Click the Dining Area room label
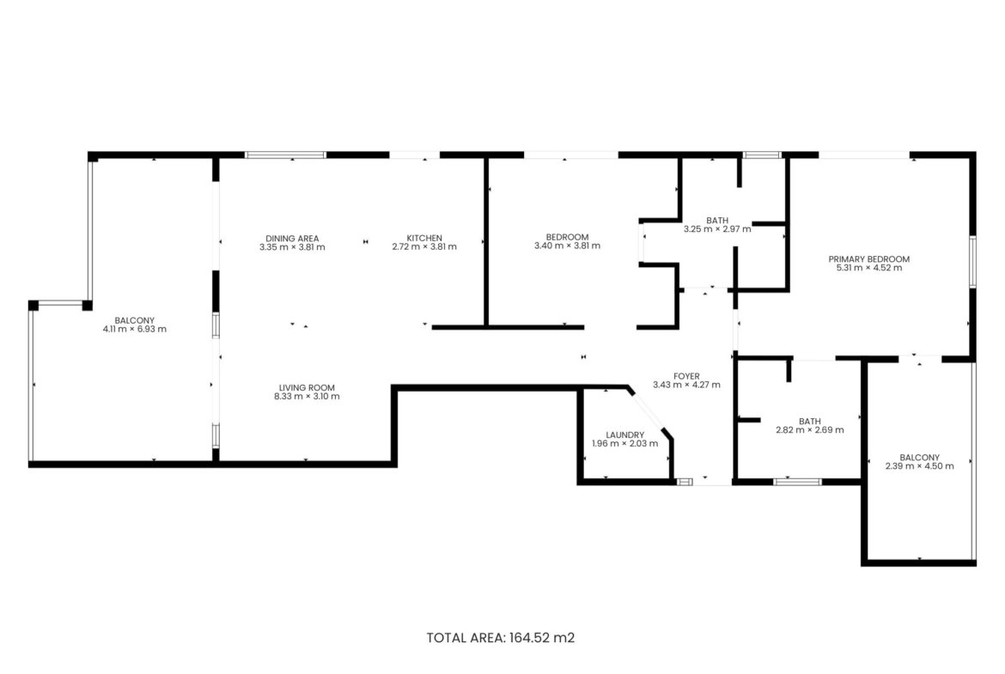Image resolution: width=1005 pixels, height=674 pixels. click(x=292, y=239)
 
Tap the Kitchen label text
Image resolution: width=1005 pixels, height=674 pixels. click(x=424, y=239)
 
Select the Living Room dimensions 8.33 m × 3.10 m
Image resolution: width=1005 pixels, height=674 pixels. click(x=307, y=397)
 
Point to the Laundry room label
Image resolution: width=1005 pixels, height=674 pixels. click(x=625, y=435)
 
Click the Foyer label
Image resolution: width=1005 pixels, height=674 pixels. click(x=686, y=376)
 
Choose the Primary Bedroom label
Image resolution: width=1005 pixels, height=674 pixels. click(x=869, y=259)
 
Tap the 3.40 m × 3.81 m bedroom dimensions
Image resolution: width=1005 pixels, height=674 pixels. click(x=567, y=246)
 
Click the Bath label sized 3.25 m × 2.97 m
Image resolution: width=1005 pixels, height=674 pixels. click(x=717, y=221)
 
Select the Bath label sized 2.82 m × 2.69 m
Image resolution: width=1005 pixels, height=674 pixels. click(x=810, y=422)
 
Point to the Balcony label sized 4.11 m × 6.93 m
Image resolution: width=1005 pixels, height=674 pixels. click(x=135, y=321)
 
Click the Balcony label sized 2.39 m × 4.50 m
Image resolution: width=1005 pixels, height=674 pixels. click(x=920, y=458)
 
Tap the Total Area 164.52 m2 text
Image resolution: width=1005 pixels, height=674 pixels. click(x=501, y=638)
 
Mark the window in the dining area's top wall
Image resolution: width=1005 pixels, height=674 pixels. click(x=286, y=155)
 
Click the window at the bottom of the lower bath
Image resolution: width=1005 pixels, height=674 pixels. click(x=797, y=482)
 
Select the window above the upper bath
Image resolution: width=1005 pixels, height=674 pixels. click(x=762, y=155)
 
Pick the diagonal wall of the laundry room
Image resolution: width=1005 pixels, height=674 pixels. click(x=649, y=412)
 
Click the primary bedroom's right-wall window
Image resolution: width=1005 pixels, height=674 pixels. click(x=972, y=261)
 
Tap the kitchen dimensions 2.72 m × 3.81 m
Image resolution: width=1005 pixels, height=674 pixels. click(x=424, y=246)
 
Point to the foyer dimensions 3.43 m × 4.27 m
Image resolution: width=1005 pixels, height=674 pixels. click(x=686, y=385)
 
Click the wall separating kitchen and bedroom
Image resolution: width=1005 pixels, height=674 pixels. click(x=486, y=241)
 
